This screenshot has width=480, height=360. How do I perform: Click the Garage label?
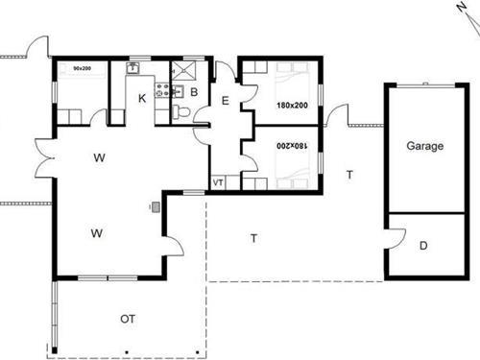[x=425, y=146]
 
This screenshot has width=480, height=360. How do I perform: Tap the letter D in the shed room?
[x=423, y=246]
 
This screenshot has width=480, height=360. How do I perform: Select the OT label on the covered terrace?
[x=128, y=319]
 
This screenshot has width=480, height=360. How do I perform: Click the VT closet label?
[x=218, y=182]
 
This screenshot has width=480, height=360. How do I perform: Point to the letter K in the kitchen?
[x=142, y=98]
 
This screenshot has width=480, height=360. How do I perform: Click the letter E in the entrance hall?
[x=226, y=101]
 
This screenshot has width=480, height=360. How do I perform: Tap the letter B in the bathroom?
[x=194, y=92]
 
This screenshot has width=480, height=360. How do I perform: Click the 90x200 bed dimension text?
[x=83, y=68]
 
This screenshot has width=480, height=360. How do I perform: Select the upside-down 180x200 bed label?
[x=292, y=146]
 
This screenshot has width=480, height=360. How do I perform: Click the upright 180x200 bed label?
[x=292, y=105]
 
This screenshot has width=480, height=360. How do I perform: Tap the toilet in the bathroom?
[x=181, y=112]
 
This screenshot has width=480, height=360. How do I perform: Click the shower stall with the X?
[x=183, y=71]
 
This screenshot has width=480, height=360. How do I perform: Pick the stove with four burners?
[x=162, y=90]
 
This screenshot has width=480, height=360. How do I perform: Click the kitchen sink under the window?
[x=132, y=68]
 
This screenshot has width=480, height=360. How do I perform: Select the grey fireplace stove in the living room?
[x=156, y=207]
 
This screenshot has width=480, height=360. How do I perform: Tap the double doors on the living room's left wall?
[x=44, y=157]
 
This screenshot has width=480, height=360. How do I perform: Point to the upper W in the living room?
[x=99, y=157]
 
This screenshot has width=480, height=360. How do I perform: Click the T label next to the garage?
[x=349, y=175]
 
